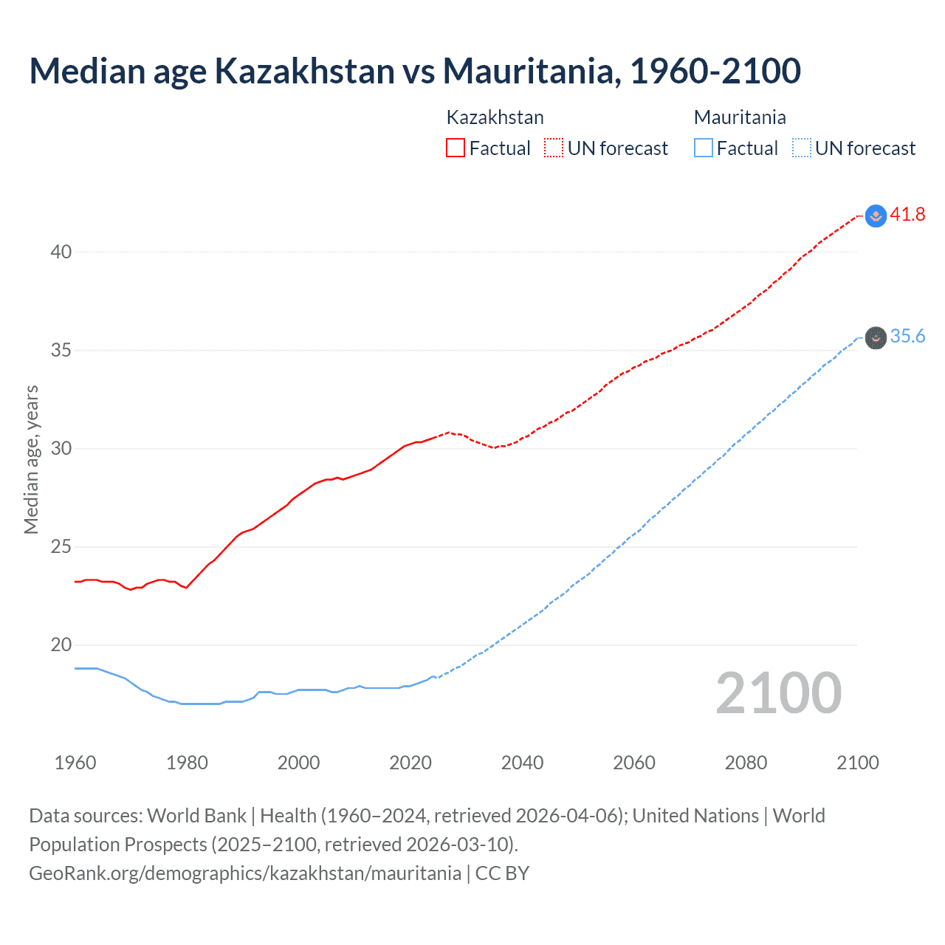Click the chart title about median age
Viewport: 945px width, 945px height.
[x=414, y=71]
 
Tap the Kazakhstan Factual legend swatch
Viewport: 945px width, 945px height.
[x=456, y=148]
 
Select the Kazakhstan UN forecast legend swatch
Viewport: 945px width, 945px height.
[x=554, y=148]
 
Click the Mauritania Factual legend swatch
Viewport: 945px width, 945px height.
[x=703, y=148]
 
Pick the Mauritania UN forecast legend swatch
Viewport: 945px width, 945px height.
[x=801, y=148]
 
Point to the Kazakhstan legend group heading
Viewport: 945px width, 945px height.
[x=495, y=117]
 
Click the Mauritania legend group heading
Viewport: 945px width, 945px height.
[x=740, y=117]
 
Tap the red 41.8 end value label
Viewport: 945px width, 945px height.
[x=907, y=215]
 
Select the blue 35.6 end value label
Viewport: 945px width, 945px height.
[x=907, y=337]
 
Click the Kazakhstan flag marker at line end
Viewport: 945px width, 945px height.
[x=876, y=216]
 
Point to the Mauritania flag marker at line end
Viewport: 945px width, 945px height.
[x=876, y=338]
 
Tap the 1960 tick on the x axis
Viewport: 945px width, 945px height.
[x=75, y=763]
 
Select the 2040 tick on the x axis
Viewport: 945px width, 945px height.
[x=522, y=763]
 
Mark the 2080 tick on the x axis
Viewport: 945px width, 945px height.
[x=746, y=763]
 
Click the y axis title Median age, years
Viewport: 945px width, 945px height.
[x=31, y=459]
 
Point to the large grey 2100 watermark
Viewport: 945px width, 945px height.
[x=778, y=693]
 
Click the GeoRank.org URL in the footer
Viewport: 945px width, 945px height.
[x=245, y=873]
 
